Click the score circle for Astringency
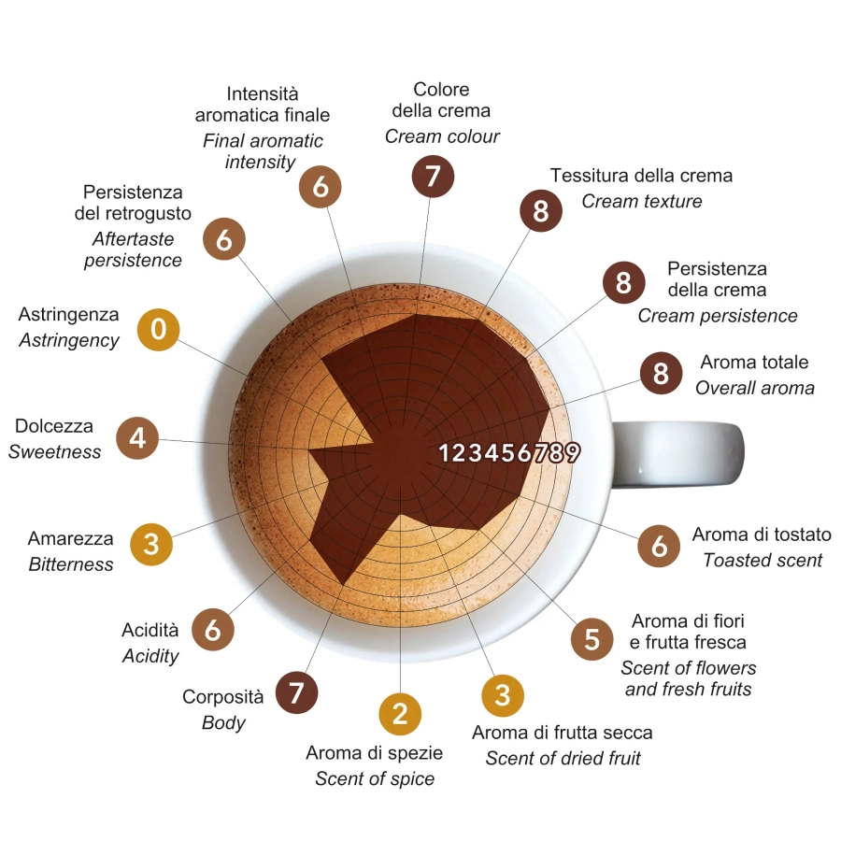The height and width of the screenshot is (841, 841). pyautogui.click(x=158, y=329)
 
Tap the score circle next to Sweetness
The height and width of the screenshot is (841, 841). pyautogui.click(x=137, y=438)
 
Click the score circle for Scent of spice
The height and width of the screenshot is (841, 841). pyautogui.click(x=400, y=715)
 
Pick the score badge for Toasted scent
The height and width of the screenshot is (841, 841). pyautogui.click(x=659, y=546)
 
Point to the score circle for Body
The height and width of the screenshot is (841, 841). pyautogui.click(x=296, y=693)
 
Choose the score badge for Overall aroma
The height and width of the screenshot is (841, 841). pyautogui.click(x=661, y=374)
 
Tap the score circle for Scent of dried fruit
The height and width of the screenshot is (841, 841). pyautogui.click(x=503, y=694)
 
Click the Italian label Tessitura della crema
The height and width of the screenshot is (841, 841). pyautogui.click(x=641, y=176)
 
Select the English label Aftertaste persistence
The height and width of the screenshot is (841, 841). pyautogui.click(x=133, y=249)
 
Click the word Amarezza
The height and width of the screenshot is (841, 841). pyautogui.click(x=70, y=538)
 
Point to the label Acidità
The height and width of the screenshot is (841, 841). pyautogui.click(x=150, y=630)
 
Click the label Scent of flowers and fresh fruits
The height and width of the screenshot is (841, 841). pyautogui.click(x=689, y=678)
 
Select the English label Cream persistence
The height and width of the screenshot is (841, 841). pyautogui.click(x=718, y=316)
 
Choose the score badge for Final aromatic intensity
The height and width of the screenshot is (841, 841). pyautogui.click(x=321, y=187)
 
